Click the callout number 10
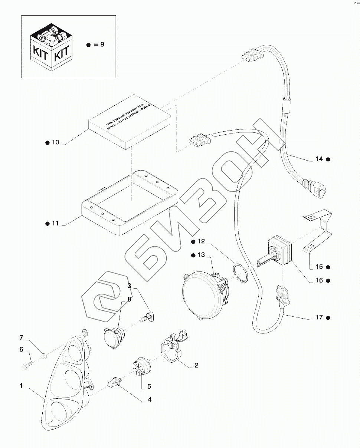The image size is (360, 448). click(x=55, y=142)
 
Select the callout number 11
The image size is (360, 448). click(x=55, y=223)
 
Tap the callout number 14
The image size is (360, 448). click(x=319, y=159)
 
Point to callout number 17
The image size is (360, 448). click(x=319, y=317)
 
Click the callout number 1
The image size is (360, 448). click(x=22, y=386)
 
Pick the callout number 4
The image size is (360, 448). click(x=150, y=400)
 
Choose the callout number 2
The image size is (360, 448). click(x=196, y=365)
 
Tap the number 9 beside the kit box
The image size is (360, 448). click(x=102, y=45)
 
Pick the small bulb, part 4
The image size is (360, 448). click(x=115, y=382)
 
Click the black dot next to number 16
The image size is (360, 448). click(x=328, y=280)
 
